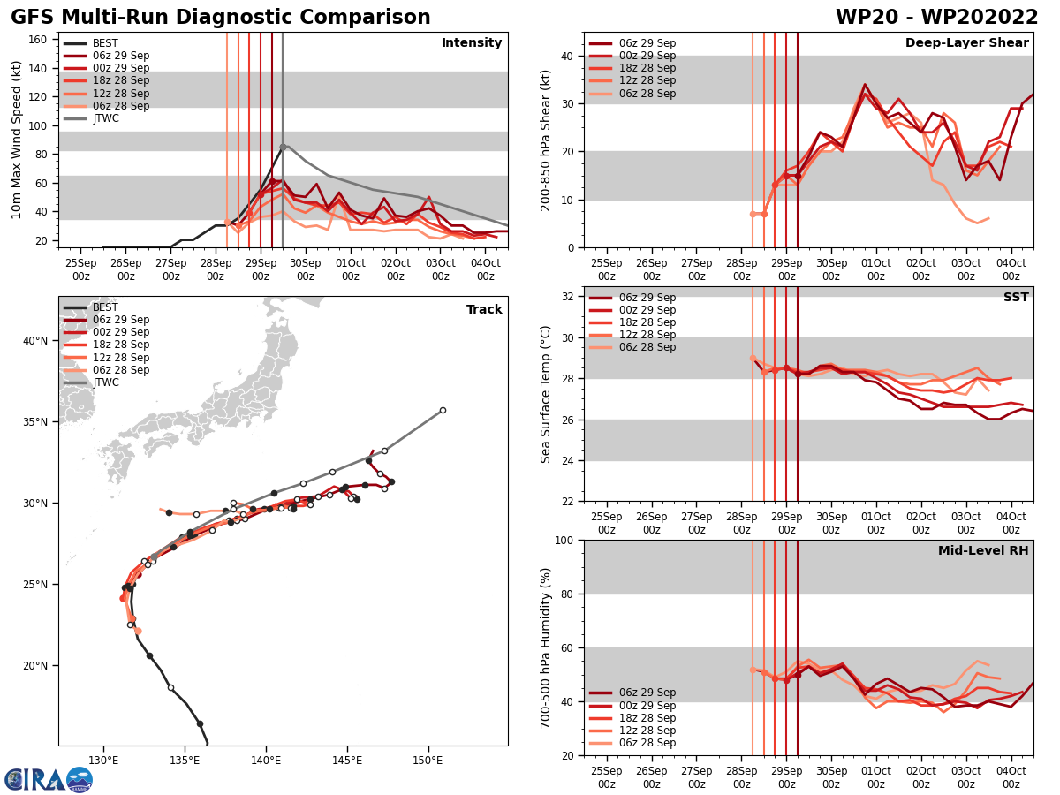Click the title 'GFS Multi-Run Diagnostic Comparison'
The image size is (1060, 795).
(x=221, y=18)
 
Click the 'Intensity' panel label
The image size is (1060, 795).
(x=472, y=43)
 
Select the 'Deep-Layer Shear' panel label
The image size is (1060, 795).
(x=966, y=43)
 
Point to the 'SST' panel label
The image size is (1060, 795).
(x=1015, y=298)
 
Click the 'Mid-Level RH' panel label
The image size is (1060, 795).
(x=983, y=551)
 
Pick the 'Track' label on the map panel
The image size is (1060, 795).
(x=484, y=310)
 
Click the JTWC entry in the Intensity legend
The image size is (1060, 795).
(x=106, y=118)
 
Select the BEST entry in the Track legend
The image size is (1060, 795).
(x=104, y=307)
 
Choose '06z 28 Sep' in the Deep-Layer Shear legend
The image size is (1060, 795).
(x=646, y=94)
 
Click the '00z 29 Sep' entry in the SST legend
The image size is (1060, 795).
(x=646, y=310)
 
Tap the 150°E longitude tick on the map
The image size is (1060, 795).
(x=428, y=761)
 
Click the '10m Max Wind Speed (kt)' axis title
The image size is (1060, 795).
(x=17, y=140)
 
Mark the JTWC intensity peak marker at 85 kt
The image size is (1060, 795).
(x=283, y=147)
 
